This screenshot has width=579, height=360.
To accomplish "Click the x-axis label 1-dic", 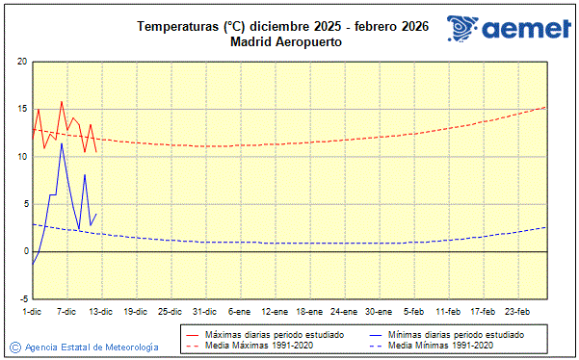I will pos(32,312).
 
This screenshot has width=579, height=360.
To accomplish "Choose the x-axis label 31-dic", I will pos(204,312).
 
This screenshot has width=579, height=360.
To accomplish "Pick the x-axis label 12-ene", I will pos(274,312).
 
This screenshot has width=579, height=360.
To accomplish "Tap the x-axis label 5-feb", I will pos(413,312).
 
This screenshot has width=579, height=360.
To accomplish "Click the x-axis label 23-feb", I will pos(518,312).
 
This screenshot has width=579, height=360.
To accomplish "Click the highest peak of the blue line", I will pos(62,142).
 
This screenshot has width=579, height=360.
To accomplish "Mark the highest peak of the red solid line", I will pos(62,101).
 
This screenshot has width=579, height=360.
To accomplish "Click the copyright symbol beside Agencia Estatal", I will pos(14,347).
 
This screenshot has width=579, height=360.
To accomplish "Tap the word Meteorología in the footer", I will pos(128,347).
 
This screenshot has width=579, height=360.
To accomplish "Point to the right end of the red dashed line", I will pos(546,107).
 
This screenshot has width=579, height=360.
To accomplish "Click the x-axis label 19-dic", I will pos(135,312).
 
